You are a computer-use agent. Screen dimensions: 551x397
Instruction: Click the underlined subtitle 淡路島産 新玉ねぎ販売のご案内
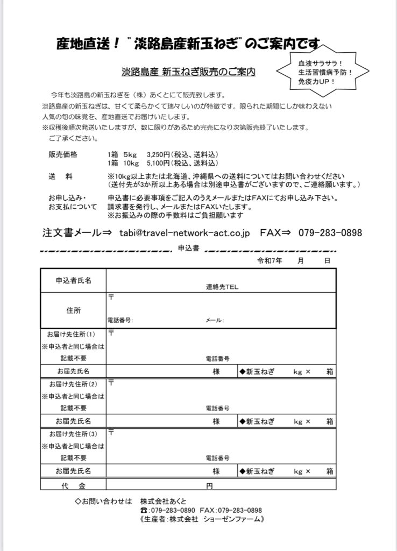(188, 71)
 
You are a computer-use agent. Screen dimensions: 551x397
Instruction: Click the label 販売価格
(63, 154)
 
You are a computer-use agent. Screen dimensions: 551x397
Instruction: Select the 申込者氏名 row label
(73, 280)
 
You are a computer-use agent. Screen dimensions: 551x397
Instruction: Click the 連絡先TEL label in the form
(222, 287)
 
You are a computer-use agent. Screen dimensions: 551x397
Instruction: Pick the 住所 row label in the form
(73, 310)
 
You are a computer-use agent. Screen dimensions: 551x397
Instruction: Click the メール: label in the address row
(215, 320)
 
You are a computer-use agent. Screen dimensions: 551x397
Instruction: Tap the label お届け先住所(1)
(73, 335)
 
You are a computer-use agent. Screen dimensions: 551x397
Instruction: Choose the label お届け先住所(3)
(73, 434)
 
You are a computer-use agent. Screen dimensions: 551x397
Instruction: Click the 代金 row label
(73, 485)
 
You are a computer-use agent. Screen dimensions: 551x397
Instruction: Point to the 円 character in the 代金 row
(210, 486)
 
